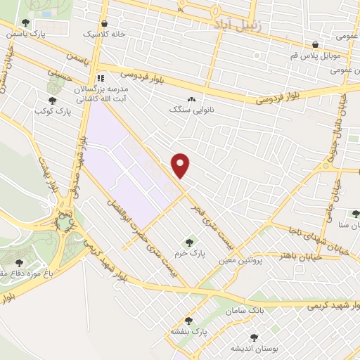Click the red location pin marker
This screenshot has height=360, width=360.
(x=181, y=165)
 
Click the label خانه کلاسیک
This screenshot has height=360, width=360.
(x=105, y=34)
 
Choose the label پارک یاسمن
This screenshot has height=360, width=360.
(x=46, y=34)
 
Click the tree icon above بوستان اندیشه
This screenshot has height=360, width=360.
(x=254, y=338)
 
